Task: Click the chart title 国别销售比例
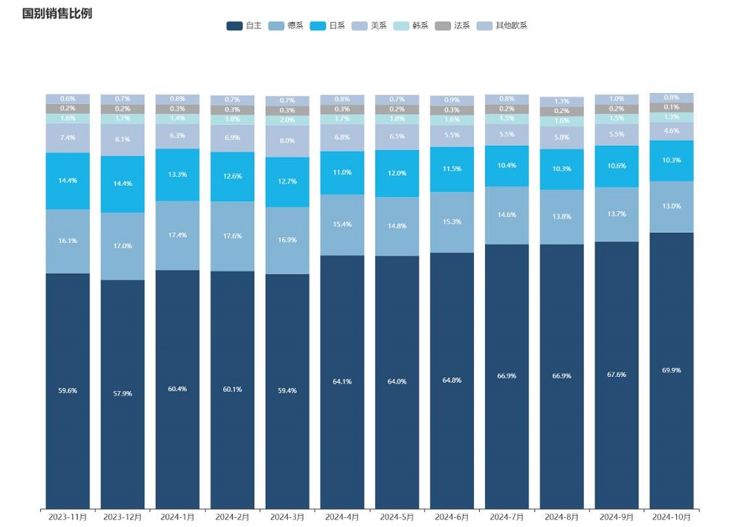pyautogui.click(x=57, y=13)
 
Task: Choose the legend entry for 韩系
pyautogui.click(x=411, y=26)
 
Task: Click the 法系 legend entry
pyautogui.click(x=452, y=26)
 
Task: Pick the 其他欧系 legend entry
pyautogui.click(x=502, y=26)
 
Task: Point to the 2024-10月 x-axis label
pyautogui.click(x=671, y=517)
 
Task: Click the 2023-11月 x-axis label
pyautogui.click(x=68, y=517)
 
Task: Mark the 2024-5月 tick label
pyautogui.click(x=397, y=517)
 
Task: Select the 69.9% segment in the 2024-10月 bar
pyautogui.click(x=671, y=370)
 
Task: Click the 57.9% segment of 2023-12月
pyautogui.click(x=123, y=394)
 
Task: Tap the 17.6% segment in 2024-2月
pyautogui.click(x=232, y=236)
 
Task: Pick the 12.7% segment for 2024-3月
pyautogui.click(x=287, y=181)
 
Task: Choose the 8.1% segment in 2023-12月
pyautogui.click(x=123, y=139)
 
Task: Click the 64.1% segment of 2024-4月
pyautogui.click(x=342, y=381)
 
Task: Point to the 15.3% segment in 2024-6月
pyautogui.click(x=452, y=222)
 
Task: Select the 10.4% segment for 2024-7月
pyautogui.click(x=507, y=165)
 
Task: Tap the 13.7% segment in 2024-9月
pyautogui.click(x=616, y=214)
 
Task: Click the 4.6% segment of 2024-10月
pyautogui.click(x=671, y=131)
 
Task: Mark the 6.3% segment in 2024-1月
pyautogui.click(x=178, y=135)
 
